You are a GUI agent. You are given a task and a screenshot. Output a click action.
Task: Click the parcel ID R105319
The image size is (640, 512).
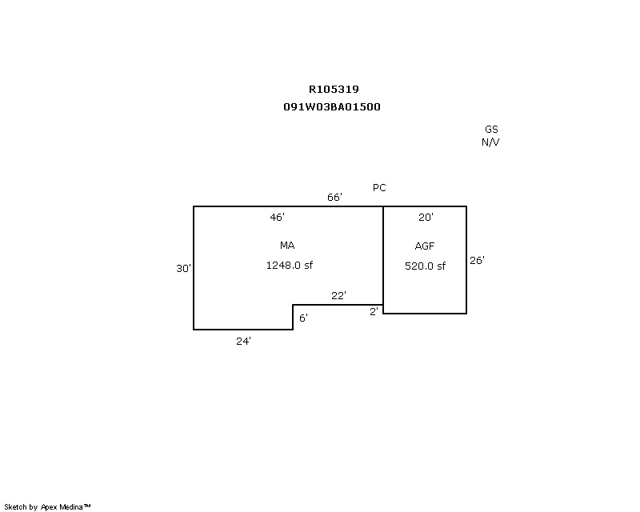point(334,89)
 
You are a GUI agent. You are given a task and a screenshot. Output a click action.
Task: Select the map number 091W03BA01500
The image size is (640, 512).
point(332,107)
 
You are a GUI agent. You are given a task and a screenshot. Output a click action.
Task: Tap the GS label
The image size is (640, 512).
point(491,129)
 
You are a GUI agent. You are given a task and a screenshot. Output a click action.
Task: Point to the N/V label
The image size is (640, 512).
point(490,142)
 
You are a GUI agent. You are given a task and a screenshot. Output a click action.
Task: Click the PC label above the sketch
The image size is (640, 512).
point(379,187)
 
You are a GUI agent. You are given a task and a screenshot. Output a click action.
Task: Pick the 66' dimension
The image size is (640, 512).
point(334,198)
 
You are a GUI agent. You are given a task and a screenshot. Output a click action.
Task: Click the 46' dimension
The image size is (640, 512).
point(277,218)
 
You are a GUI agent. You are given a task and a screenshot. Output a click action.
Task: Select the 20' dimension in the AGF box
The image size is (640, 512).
point(426,218)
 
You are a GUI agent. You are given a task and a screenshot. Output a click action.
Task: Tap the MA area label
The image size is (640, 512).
point(287,245)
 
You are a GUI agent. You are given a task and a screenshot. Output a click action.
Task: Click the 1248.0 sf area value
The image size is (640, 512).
point(290,266)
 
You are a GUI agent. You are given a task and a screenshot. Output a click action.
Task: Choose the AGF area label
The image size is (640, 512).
point(425,246)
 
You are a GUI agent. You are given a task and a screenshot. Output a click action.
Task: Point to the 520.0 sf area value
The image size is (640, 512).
point(425,266)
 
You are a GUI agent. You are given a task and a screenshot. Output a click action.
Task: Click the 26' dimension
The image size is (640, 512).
point(477,261)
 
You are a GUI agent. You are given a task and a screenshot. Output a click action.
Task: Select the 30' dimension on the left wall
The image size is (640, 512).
point(183,268)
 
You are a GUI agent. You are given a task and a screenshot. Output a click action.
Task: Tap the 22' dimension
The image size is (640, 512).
point(338,296)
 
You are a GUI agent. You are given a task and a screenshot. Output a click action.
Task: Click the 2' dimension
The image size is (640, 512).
point(374,311)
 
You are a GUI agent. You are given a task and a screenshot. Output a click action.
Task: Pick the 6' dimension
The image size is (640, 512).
point(303,318)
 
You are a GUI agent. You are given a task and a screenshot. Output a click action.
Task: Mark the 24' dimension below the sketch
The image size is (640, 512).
point(243,342)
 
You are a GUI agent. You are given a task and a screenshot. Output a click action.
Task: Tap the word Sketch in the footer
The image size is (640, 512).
point(15,507)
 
